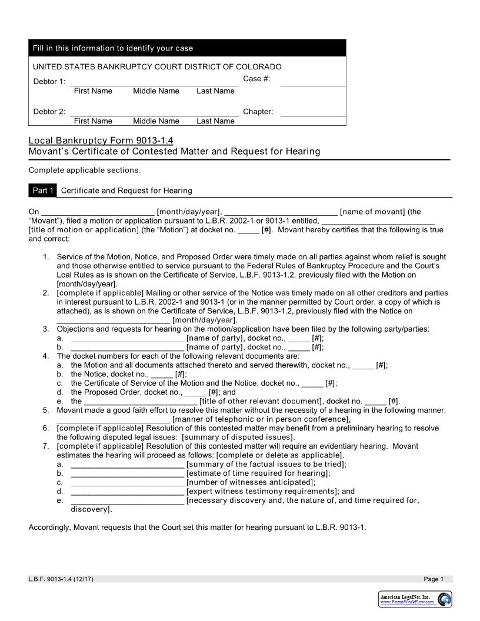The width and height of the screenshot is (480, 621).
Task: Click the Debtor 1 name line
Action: pyautogui.click(x=154, y=82)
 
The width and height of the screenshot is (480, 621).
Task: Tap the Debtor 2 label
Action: pyautogui.click(x=49, y=112)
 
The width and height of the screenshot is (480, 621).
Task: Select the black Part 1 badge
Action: pyautogui.click(x=42, y=191)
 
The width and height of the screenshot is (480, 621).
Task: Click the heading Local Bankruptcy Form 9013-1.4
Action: pyautogui.click(x=101, y=141)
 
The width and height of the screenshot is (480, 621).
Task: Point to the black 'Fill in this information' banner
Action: pyautogui.click(x=187, y=48)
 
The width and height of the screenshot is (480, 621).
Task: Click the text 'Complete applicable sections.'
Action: pyautogui.click(x=85, y=171)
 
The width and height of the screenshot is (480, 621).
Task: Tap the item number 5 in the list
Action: pyautogui.click(x=46, y=410)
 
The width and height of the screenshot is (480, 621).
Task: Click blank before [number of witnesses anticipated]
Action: pyautogui.click(x=127, y=482)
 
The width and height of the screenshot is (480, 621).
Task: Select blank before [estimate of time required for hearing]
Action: pyautogui.click(x=127, y=473)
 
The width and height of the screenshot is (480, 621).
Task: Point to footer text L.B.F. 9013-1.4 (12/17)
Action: pyautogui.click(x=61, y=579)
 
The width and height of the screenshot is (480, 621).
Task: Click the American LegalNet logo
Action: pyautogui.click(x=416, y=599)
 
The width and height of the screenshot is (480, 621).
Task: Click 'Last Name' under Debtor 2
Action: pyautogui.click(x=215, y=121)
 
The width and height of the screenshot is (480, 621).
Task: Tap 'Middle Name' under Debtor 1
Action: pyautogui.click(x=156, y=91)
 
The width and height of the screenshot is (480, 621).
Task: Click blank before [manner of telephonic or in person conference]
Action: pyautogui.click(x=114, y=419)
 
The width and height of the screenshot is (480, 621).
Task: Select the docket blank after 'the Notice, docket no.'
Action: pyautogui.click(x=162, y=374)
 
